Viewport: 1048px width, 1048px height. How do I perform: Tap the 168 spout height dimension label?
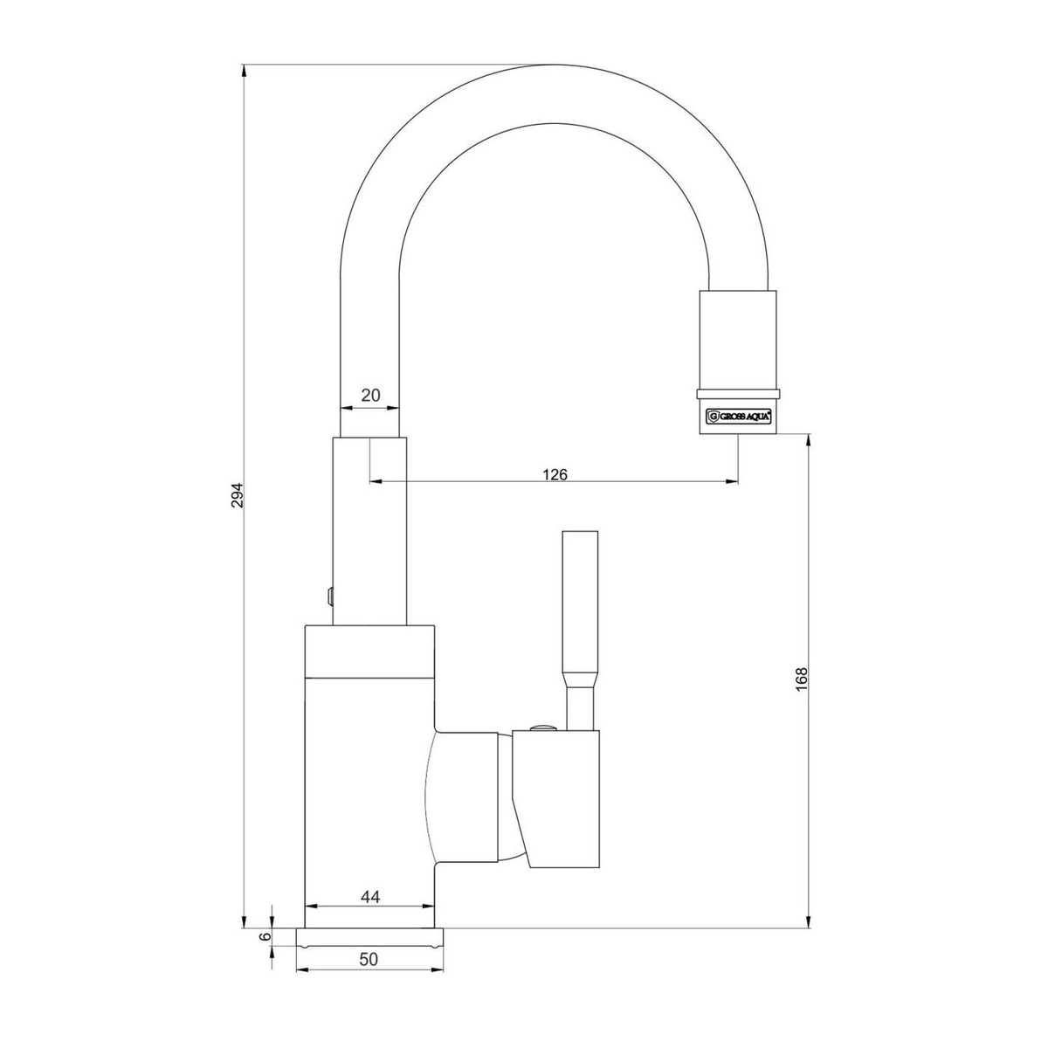click(x=802, y=679)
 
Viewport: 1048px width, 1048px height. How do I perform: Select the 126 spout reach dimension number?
click(x=555, y=475)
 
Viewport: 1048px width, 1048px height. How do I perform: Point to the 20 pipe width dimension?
click(x=370, y=395)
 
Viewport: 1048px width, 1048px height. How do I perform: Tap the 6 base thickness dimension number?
click(x=265, y=936)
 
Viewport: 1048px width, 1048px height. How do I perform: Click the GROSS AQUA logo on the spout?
click(x=737, y=417)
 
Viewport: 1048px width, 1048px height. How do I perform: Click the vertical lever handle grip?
click(x=580, y=604)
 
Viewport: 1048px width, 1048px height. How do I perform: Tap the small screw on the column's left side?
click(x=328, y=596)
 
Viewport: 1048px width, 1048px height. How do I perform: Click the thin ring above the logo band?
click(x=737, y=394)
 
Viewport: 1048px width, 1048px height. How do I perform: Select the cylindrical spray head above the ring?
click(x=737, y=340)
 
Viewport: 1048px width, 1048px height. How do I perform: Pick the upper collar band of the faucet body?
click(x=369, y=652)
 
